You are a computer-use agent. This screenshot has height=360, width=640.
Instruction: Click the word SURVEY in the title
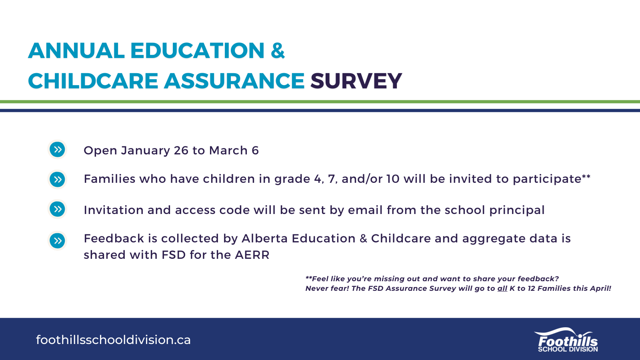pos(356,81)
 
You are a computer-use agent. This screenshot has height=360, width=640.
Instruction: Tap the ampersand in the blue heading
pos(278,50)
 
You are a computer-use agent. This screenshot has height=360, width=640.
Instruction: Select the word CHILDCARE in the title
pos(93,81)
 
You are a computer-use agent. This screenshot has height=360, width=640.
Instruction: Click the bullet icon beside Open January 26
pos(58,150)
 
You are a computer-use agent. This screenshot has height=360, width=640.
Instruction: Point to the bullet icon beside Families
pos(58,180)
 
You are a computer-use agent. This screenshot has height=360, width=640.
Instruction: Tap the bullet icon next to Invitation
pos(58,209)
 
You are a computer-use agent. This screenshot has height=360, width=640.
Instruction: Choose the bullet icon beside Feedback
pos(58,240)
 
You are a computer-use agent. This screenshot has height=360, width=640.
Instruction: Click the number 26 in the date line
pos(181,150)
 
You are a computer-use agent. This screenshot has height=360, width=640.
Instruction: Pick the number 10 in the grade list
pos(393,179)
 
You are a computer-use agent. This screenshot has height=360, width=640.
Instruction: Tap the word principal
pos(517,210)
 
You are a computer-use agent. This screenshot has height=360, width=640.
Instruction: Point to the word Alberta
pos(264,238)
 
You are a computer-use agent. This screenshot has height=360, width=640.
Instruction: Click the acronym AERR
pos(252,255)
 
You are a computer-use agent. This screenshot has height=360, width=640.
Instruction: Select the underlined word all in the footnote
pos(502,288)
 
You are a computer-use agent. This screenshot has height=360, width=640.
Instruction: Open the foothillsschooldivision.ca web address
pos(113,340)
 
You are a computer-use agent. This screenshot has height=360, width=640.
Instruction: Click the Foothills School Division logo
pos(566,340)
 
